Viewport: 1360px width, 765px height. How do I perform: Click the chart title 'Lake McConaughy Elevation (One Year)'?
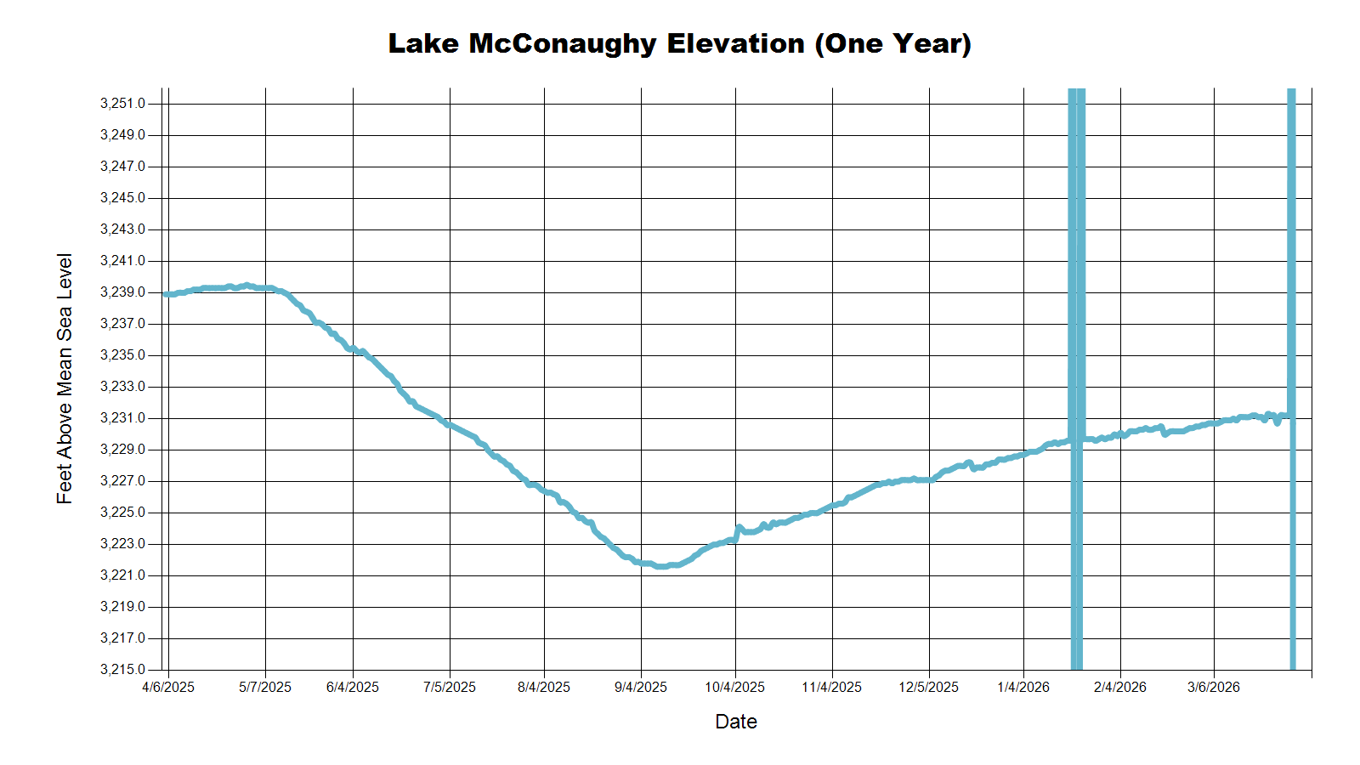coord(679,43)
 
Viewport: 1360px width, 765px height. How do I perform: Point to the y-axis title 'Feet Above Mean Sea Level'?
coord(65,378)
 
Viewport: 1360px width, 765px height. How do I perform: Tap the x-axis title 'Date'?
coord(735,722)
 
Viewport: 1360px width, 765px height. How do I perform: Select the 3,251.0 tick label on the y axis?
coord(122,104)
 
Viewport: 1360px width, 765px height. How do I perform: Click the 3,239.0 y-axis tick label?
coord(122,292)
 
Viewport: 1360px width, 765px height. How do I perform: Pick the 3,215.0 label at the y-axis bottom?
coord(122,670)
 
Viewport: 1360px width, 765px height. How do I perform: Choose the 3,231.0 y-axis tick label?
coord(122,418)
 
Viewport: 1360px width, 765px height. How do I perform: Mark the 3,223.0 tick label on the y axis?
coord(122,544)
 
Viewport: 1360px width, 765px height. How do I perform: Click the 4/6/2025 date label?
coord(168,687)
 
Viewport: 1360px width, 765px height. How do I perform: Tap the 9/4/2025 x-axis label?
coord(641,687)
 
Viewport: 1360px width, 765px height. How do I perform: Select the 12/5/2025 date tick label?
coord(928,687)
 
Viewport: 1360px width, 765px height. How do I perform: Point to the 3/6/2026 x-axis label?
coord(1213,687)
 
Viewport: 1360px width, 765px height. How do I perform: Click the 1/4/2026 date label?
coord(1023,687)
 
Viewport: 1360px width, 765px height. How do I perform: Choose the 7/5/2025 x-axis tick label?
coord(450,687)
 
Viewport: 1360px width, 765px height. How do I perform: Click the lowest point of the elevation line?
coord(660,566)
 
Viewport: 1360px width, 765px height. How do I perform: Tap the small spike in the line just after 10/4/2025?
coord(739,528)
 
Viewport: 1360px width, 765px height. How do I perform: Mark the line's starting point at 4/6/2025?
coord(166,294)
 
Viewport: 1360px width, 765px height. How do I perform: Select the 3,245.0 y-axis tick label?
coord(122,198)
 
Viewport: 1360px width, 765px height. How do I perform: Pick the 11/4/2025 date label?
coord(831,687)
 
